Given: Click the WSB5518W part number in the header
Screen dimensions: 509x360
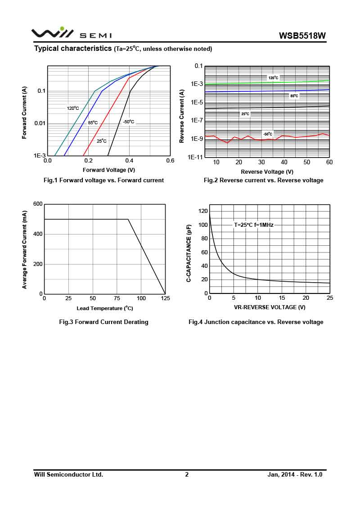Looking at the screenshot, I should [302, 36].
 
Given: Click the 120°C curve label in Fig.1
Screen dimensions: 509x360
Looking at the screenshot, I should [73, 108].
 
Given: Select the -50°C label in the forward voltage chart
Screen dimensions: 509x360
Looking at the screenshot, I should [128, 122].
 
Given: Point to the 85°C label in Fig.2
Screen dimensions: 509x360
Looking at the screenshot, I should [294, 96].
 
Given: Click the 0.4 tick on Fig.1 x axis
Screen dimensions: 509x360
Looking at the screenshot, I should [129, 161].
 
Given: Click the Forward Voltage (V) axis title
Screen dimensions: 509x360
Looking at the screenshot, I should [109, 170].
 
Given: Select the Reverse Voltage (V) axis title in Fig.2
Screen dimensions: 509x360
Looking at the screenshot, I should [267, 171].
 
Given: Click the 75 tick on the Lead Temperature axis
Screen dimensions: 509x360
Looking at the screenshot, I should [117, 298].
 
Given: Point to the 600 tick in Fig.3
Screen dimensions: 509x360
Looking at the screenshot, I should [38, 204].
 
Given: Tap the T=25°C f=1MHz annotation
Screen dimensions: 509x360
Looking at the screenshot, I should [253, 225].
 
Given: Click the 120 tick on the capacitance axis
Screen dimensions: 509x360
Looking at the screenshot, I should [202, 211].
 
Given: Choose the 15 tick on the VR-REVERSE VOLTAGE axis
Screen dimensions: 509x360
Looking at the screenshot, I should [282, 298].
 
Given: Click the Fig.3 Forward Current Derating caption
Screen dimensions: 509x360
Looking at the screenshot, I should [104, 322].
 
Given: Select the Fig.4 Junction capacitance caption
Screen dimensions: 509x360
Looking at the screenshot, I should [256, 322].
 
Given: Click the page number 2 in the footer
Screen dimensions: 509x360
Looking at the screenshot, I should [187, 474].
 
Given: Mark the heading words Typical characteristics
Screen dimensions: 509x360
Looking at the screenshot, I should [73, 48].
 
